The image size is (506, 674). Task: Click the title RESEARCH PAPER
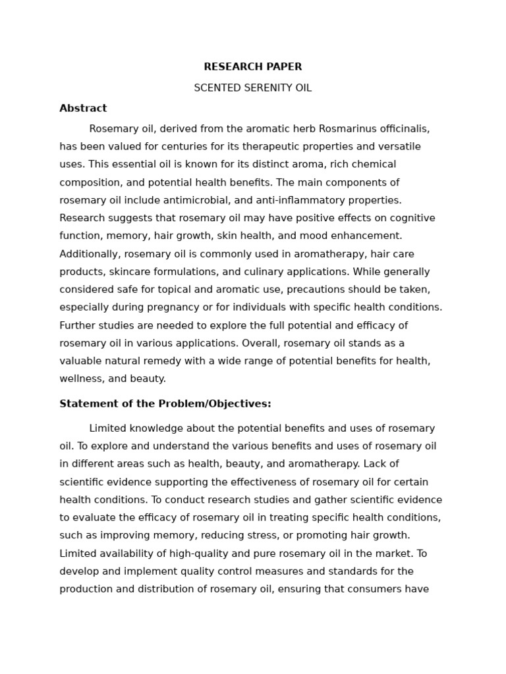click(x=252, y=67)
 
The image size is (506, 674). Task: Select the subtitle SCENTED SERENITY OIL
click(x=252, y=88)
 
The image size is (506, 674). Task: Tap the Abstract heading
click(x=83, y=109)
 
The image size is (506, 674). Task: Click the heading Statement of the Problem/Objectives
click(x=165, y=404)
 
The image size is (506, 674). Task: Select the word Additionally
click(x=90, y=254)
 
